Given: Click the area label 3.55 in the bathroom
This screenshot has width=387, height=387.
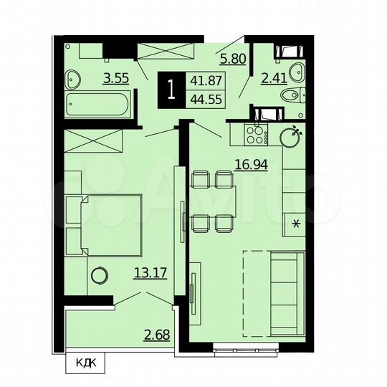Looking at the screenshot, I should (115, 79).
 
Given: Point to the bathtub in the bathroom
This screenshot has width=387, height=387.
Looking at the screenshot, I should (97, 106).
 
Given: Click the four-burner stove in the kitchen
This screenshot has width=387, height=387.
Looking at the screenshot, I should (254, 133).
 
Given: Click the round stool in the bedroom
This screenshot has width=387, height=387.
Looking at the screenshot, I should (97, 274).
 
